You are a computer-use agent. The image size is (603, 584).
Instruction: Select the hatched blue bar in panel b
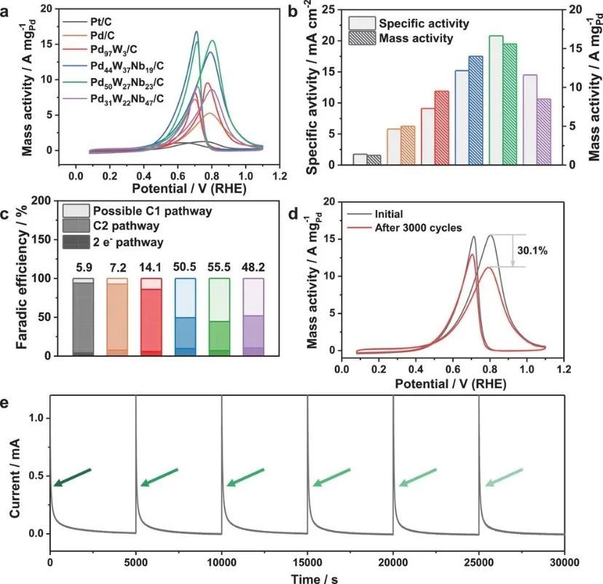pos(476,110)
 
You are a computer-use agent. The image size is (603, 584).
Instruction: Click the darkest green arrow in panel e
pos(71,477)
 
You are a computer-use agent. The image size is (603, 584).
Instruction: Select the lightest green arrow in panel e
pos(504,477)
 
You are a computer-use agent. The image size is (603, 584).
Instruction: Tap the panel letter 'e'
pos(6,402)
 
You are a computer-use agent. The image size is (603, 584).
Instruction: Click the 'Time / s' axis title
pos(307,576)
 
